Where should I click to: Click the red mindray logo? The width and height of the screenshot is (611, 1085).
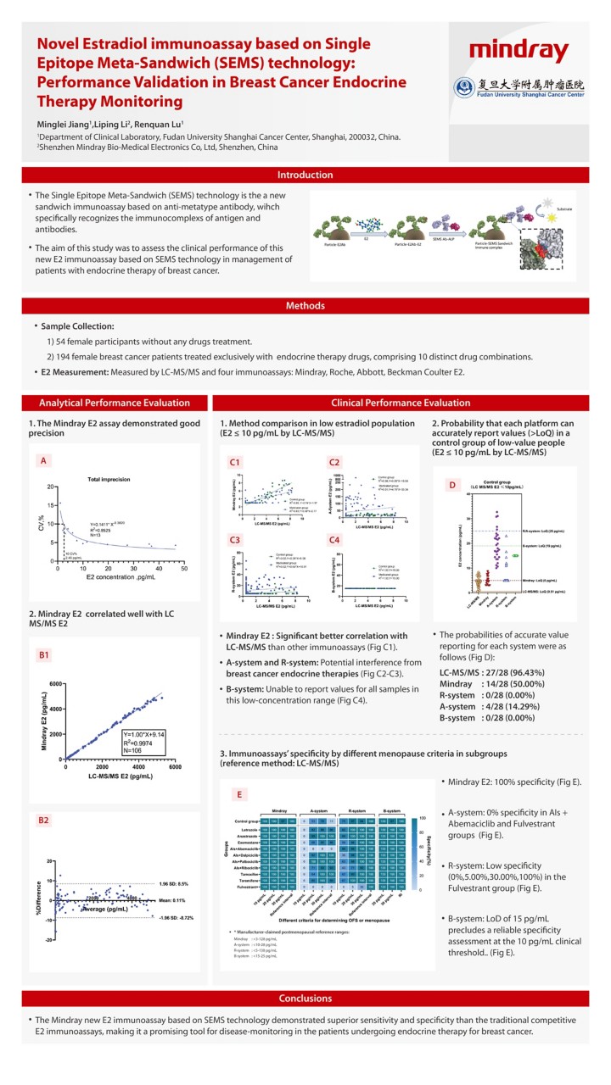pyautogui.click(x=519, y=49)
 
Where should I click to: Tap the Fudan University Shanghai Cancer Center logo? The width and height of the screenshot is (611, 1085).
pyautogui.click(x=519, y=86)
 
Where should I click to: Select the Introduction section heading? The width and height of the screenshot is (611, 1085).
pyautogui.click(x=305, y=175)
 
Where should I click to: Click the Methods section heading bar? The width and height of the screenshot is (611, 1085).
pyautogui.click(x=305, y=306)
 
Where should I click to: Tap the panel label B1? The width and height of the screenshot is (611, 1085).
pyautogui.click(x=45, y=654)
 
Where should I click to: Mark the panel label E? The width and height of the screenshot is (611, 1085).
pyautogui.click(x=242, y=794)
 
